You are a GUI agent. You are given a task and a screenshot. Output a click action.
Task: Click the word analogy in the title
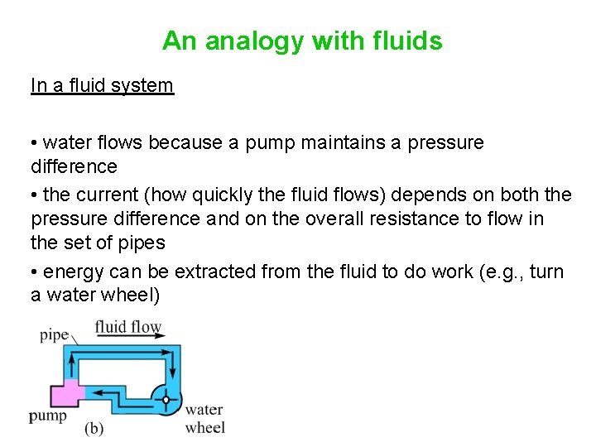tap(246, 41)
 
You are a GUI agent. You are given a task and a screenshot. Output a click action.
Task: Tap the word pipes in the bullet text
tap(140, 243)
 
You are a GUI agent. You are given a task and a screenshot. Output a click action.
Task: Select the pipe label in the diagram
tap(54, 335)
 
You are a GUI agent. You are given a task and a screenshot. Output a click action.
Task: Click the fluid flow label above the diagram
tap(128, 326)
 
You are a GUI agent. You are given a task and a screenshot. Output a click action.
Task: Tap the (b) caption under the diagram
tap(94, 429)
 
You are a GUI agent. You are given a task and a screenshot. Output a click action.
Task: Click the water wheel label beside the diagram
tap(204, 418)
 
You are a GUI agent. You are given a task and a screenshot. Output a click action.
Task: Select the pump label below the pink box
tap(48, 416)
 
